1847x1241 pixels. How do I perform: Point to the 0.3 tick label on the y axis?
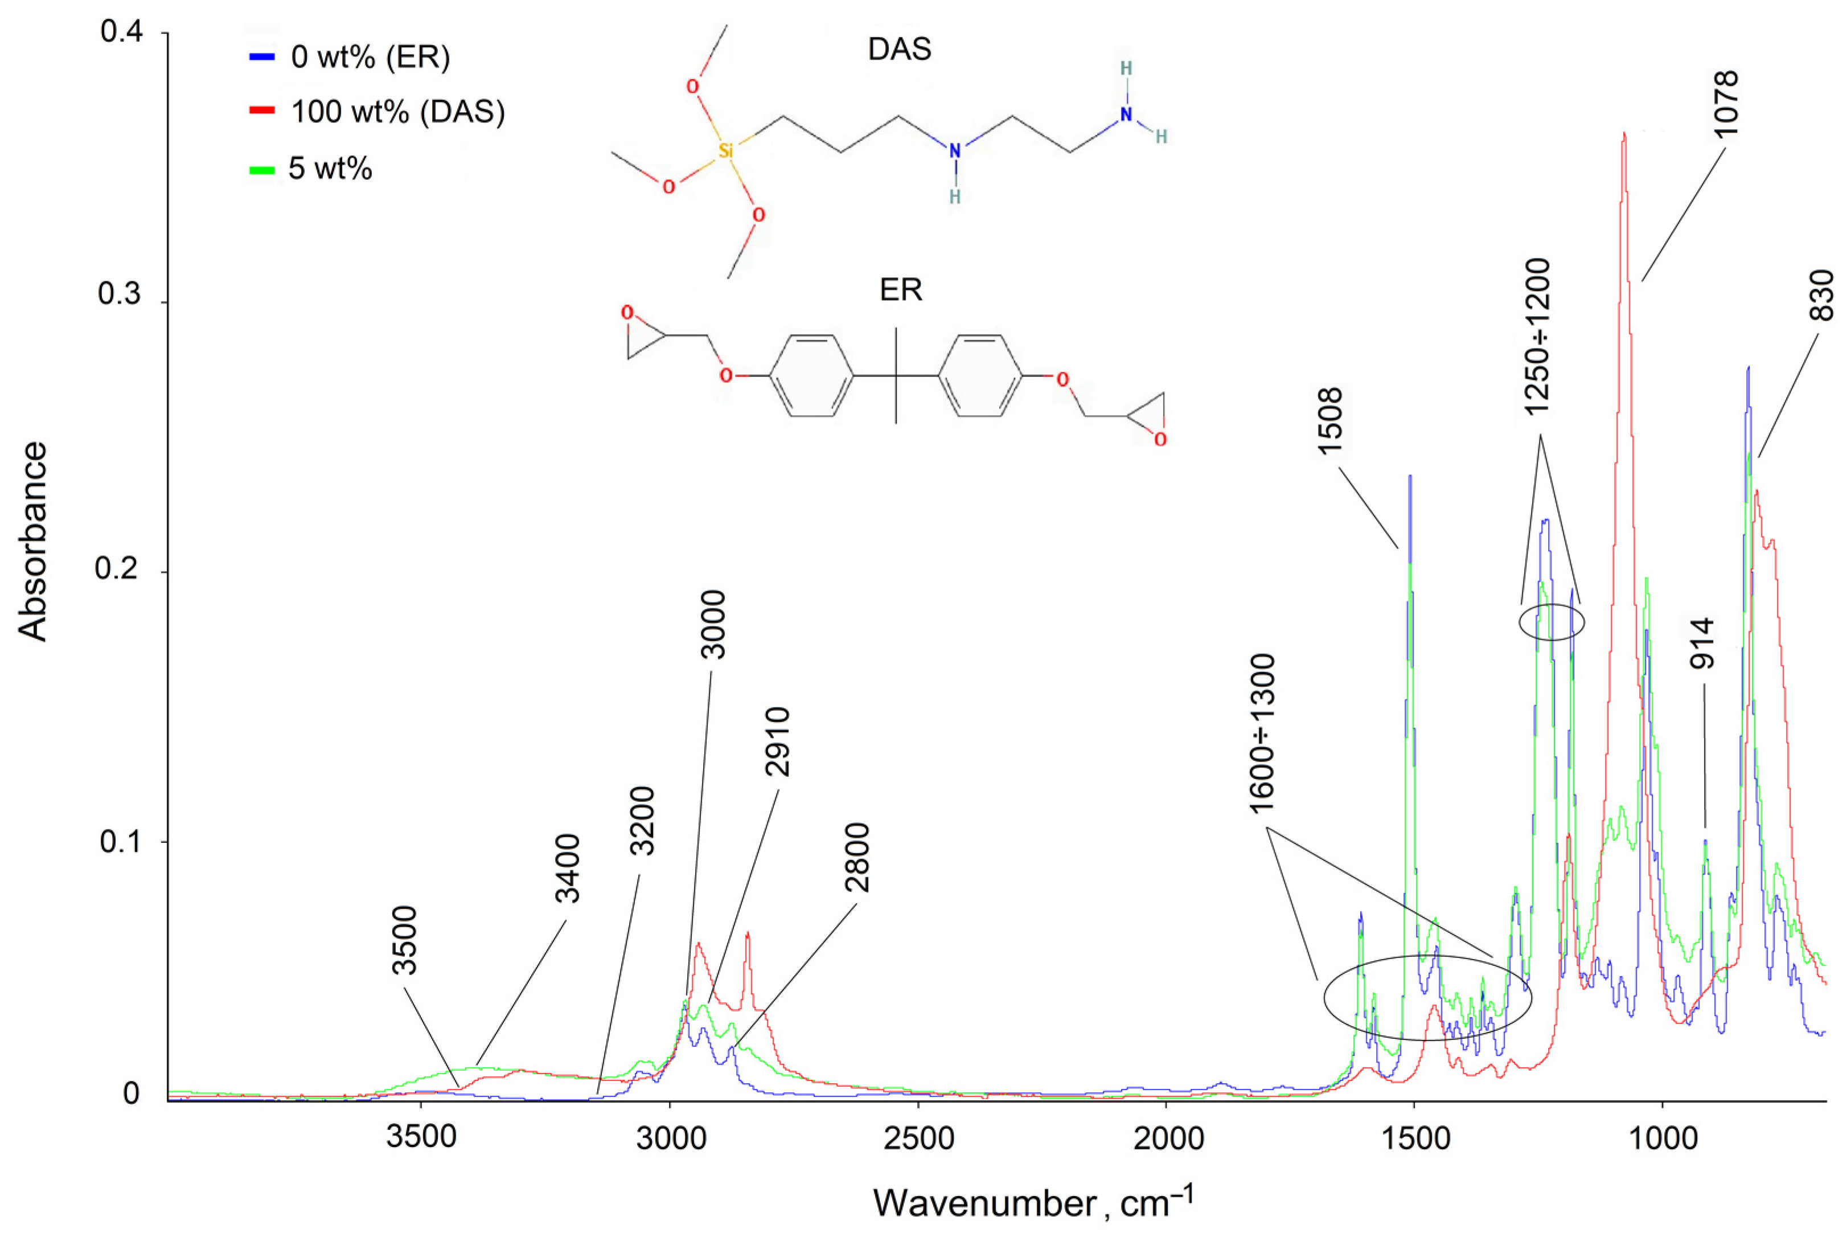pyautogui.click(x=118, y=294)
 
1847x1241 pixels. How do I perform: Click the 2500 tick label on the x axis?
pyautogui.click(x=918, y=1138)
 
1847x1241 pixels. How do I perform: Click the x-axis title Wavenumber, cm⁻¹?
pyautogui.click(x=1032, y=1203)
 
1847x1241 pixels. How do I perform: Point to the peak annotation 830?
pyautogui.click(x=1822, y=295)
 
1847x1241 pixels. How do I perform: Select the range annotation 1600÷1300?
pyautogui.click(x=1262, y=733)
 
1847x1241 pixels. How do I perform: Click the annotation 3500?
pyautogui.click(x=404, y=940)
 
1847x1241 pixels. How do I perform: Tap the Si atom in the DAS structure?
pyautogui.click(x=725, y=150)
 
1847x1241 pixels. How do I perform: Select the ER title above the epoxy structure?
pyautogui.click(x=901, y=290)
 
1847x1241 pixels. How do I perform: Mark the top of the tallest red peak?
pyautogui.click(x=1623, y=134)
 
